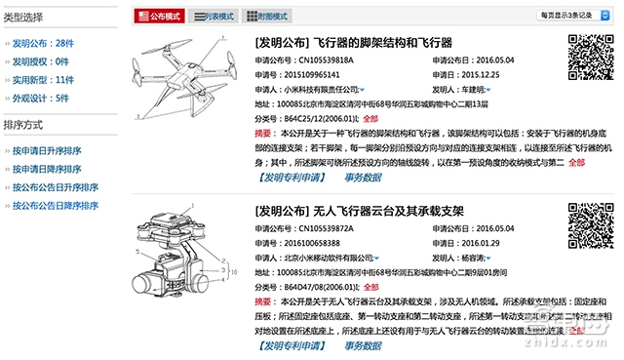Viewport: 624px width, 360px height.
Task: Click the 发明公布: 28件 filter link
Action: pos(41,44)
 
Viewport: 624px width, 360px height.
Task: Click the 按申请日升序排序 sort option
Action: pos(46,150)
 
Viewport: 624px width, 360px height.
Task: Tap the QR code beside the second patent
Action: pos(587,232)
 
